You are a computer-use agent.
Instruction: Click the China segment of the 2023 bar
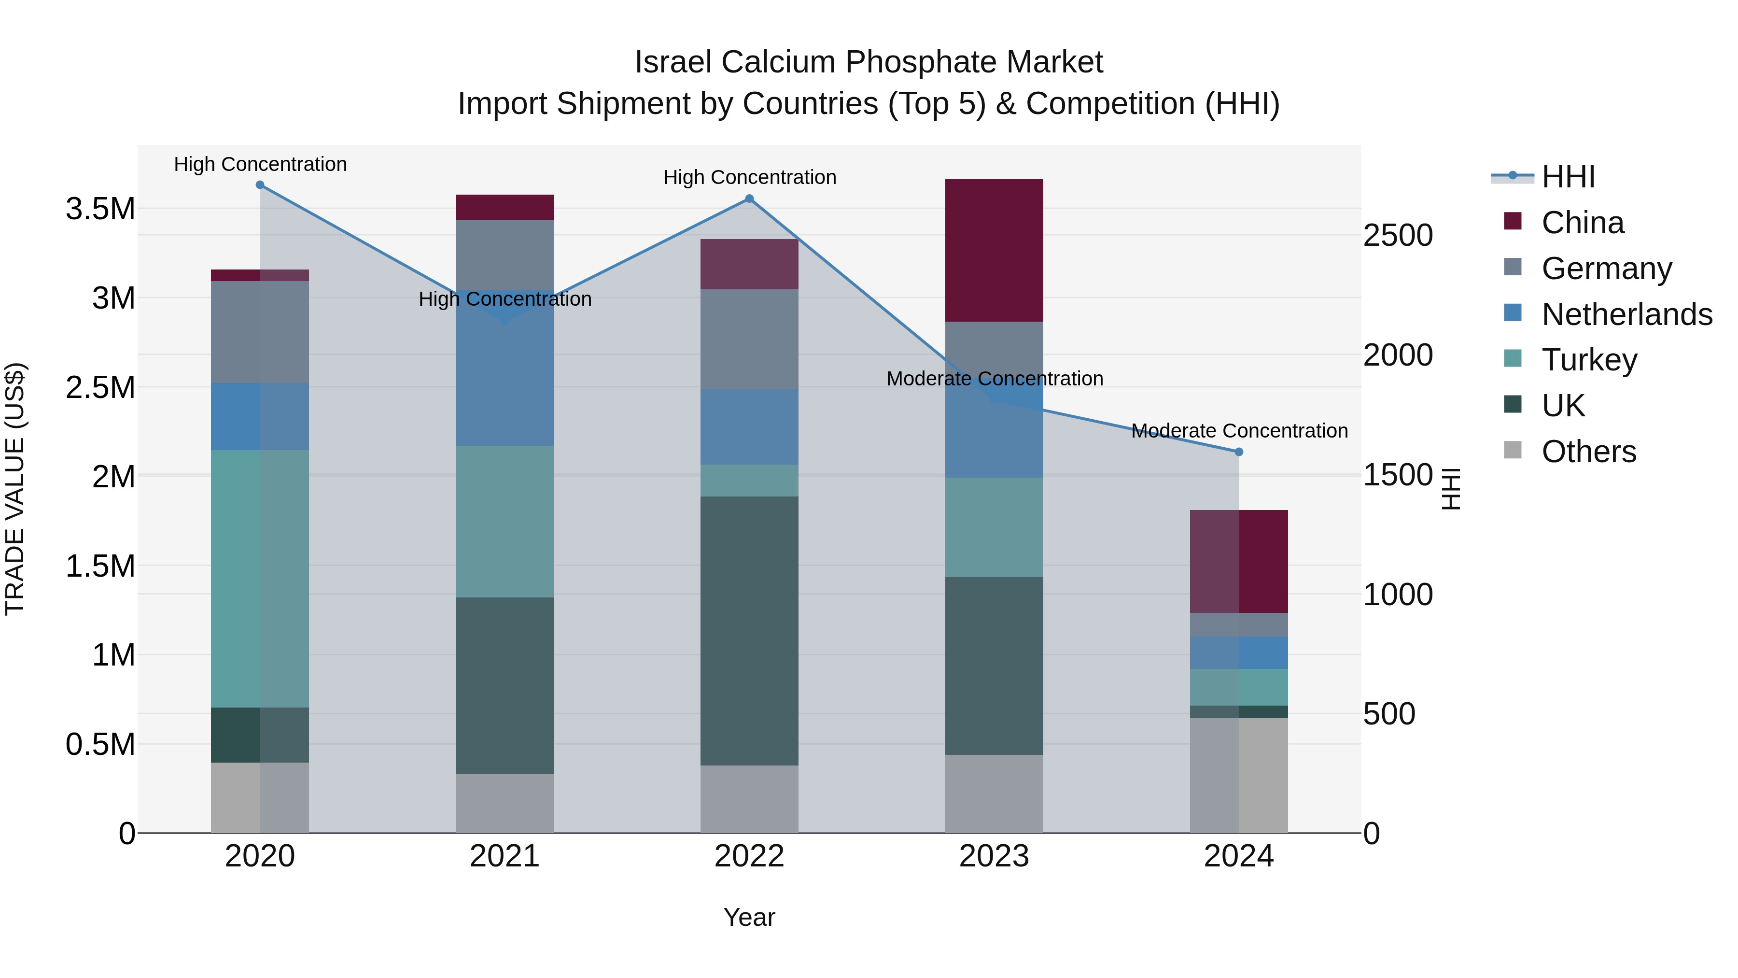click(x=994, y=250)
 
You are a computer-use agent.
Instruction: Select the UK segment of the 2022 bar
click(x=749, y=631)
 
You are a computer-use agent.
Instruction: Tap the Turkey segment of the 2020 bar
click(x=260, y=579)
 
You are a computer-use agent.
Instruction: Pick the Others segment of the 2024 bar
click(x=1239, y=776)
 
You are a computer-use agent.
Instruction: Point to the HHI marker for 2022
click(x=749, y=199)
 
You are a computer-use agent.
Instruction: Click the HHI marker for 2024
click(x=1239, y=452)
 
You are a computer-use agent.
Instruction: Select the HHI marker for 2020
click(x=260, y=185)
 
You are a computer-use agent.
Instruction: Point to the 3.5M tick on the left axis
click(x=100, y=209)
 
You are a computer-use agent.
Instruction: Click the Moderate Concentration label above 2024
click(x=1239, y=431)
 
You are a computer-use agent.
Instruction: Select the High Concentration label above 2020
click(x=260, y=164)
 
